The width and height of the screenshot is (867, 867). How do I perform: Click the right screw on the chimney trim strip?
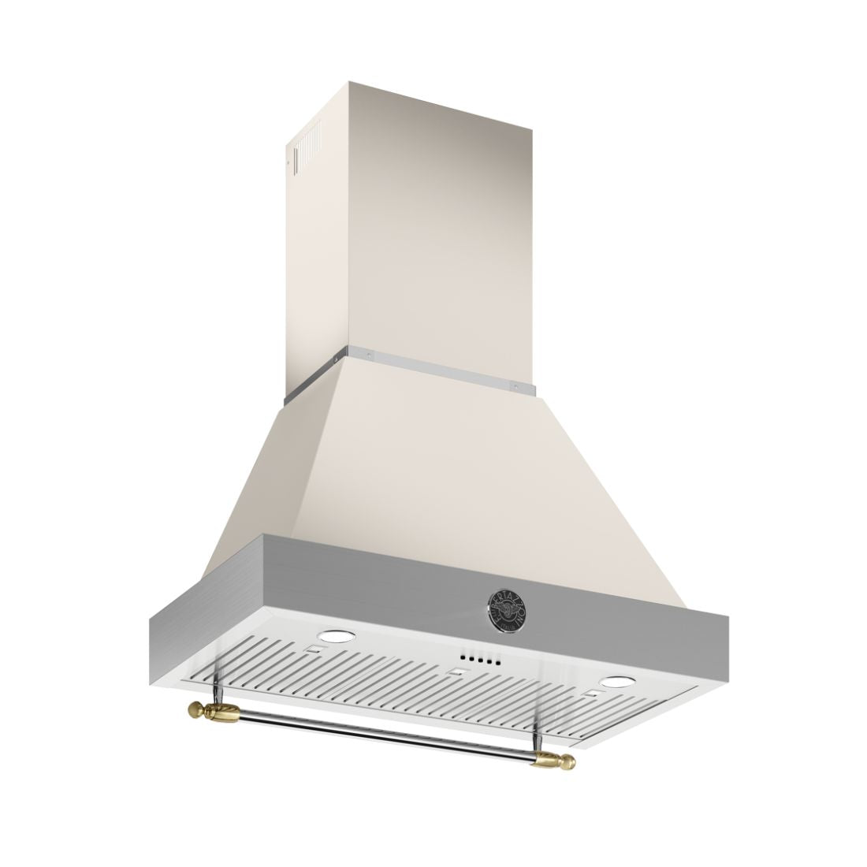click(x=515, y=386)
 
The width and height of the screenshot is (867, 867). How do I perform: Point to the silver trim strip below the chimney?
click(x=441, y=370)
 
